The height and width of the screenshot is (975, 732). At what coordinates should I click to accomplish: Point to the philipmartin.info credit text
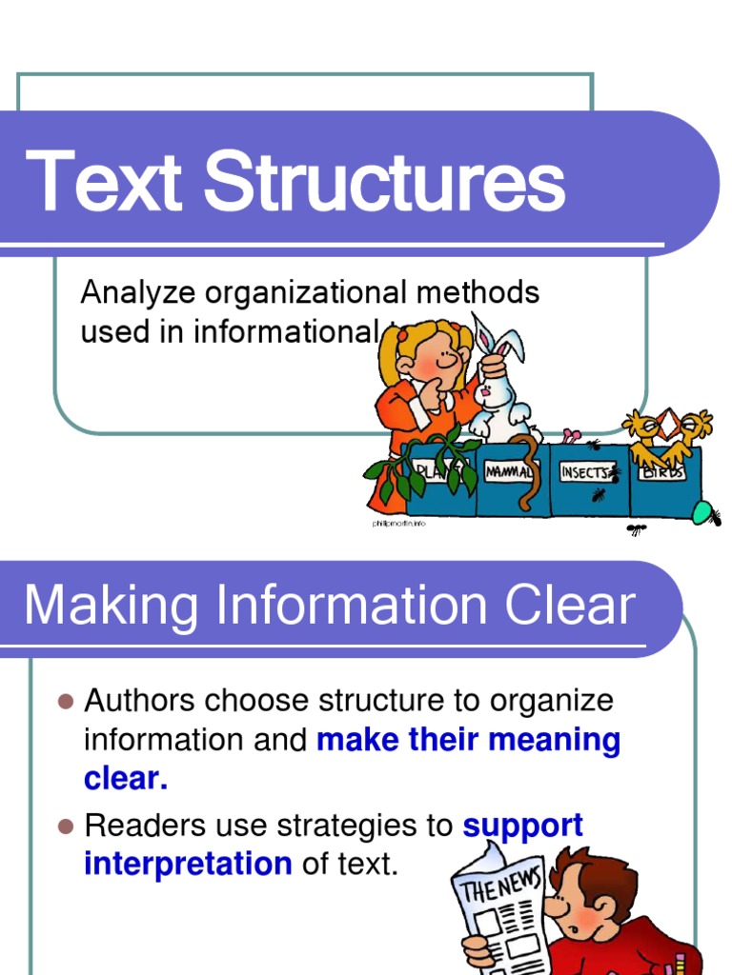(x=397, y=525)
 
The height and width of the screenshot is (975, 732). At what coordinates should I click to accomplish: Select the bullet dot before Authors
(x=66, y=702)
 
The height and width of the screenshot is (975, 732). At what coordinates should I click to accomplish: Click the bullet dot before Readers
(x=66, y=826)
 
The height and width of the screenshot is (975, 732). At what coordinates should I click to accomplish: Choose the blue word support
(x=522, y=826)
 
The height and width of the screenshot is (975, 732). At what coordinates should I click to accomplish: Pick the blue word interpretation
(x=188, y=865)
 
